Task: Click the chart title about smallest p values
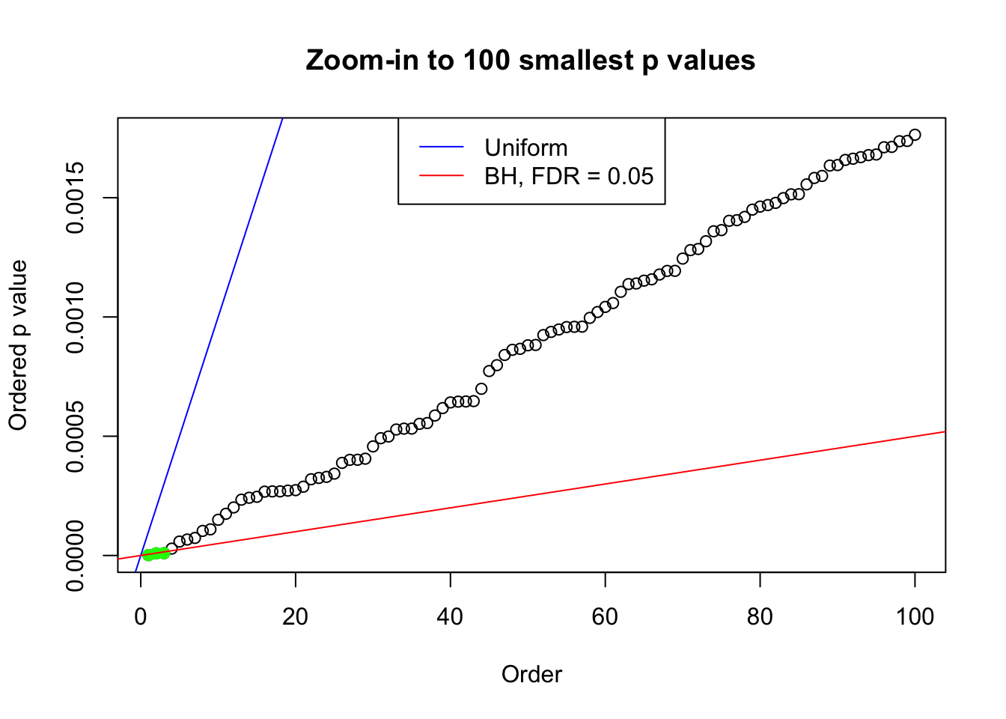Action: (530, 60)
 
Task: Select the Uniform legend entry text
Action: (525, 148)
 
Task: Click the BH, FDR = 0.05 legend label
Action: (569, 176)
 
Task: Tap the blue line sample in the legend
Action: (441, 148)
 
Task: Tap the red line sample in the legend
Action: (441, 176)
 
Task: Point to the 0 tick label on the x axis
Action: (141, 616)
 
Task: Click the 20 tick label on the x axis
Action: (296, 616)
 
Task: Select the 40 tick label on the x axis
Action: (451, 616)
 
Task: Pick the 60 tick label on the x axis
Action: (605, 616)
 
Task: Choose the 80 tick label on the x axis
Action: (760, 616)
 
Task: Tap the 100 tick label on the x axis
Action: (915, 616)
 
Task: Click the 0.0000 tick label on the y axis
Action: (75, 556)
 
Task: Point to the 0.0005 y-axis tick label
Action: (75, 437)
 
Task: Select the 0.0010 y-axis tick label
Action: (75, 318)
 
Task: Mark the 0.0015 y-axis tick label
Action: (75, 198)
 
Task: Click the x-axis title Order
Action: (531, 674)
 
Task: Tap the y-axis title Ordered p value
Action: (18, 345)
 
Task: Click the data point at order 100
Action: (915, 135)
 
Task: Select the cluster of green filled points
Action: (156, 553)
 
